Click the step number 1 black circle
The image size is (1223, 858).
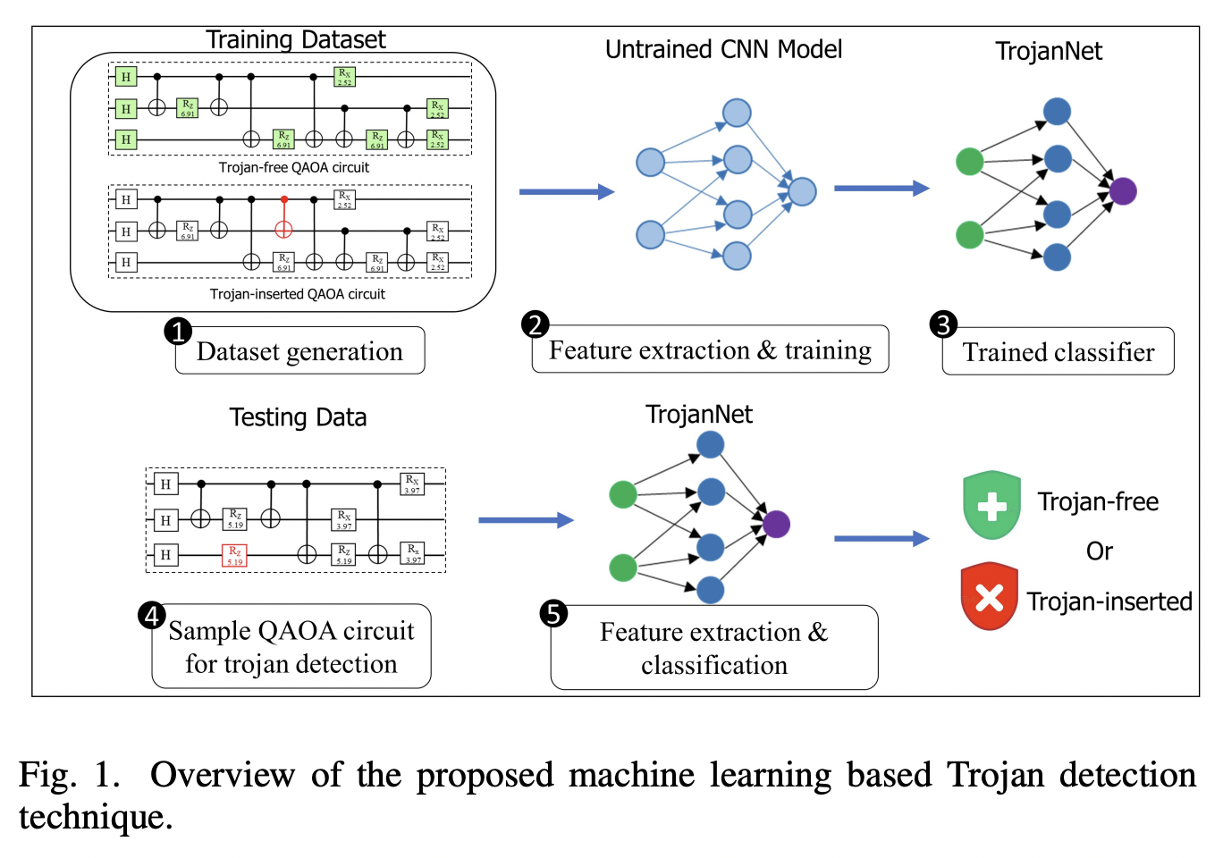tap(178, 332)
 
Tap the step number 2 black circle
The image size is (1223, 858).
tap(535, 324)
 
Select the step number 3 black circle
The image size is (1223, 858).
tap(943, 324)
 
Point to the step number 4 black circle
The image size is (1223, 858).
tap(152, 615)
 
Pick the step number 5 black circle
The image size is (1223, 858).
tap(553, 614)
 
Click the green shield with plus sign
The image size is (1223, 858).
tap(991, 505)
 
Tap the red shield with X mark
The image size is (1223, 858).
tap(989, 596)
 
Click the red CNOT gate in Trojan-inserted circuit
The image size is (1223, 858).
tap(283, 229)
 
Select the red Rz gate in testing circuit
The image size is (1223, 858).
tap(234, 556)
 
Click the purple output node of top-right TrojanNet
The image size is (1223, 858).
tap(1123, 190)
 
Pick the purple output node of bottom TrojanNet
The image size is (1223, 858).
tap(776, 524)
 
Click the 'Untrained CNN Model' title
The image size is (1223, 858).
tap(723, 50)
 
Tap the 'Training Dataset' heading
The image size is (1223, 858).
tap(295, 40)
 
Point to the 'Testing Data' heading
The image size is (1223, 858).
tap(298, 417)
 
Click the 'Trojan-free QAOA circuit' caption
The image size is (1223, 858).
tap(293, 168)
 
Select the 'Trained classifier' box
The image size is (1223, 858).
tap(1058, 352)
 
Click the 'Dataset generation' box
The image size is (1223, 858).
tap(299, 351)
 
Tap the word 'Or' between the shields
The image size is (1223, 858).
tap(1099, 551)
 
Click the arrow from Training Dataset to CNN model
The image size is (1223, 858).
tap(566, 191)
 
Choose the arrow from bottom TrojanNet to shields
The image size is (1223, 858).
tap(881, 538)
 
